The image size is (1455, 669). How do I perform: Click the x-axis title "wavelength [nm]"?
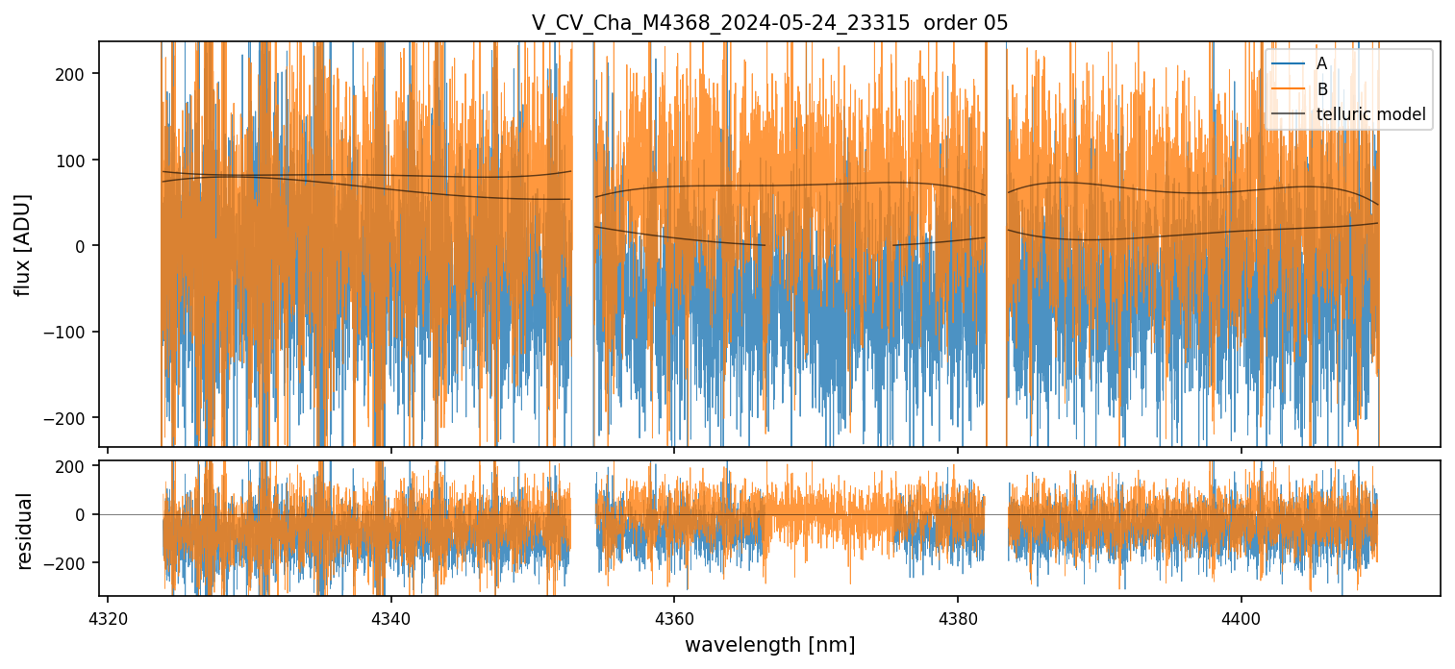click(x=769, y=644)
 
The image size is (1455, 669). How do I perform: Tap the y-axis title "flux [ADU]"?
click(x=22, y=244)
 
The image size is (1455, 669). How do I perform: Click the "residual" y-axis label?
click(x=25, y=531)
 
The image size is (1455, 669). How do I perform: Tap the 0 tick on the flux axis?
click(x=86, y=246)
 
